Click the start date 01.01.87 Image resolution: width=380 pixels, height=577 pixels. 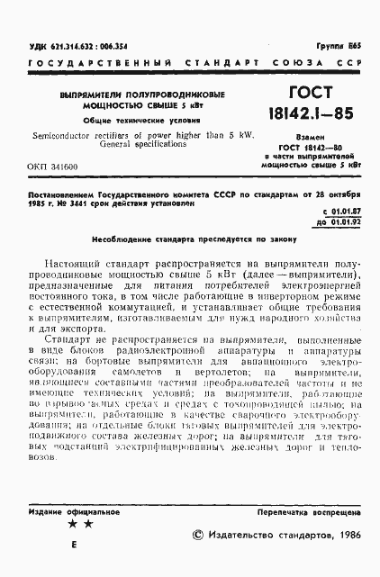coord(339,211)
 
